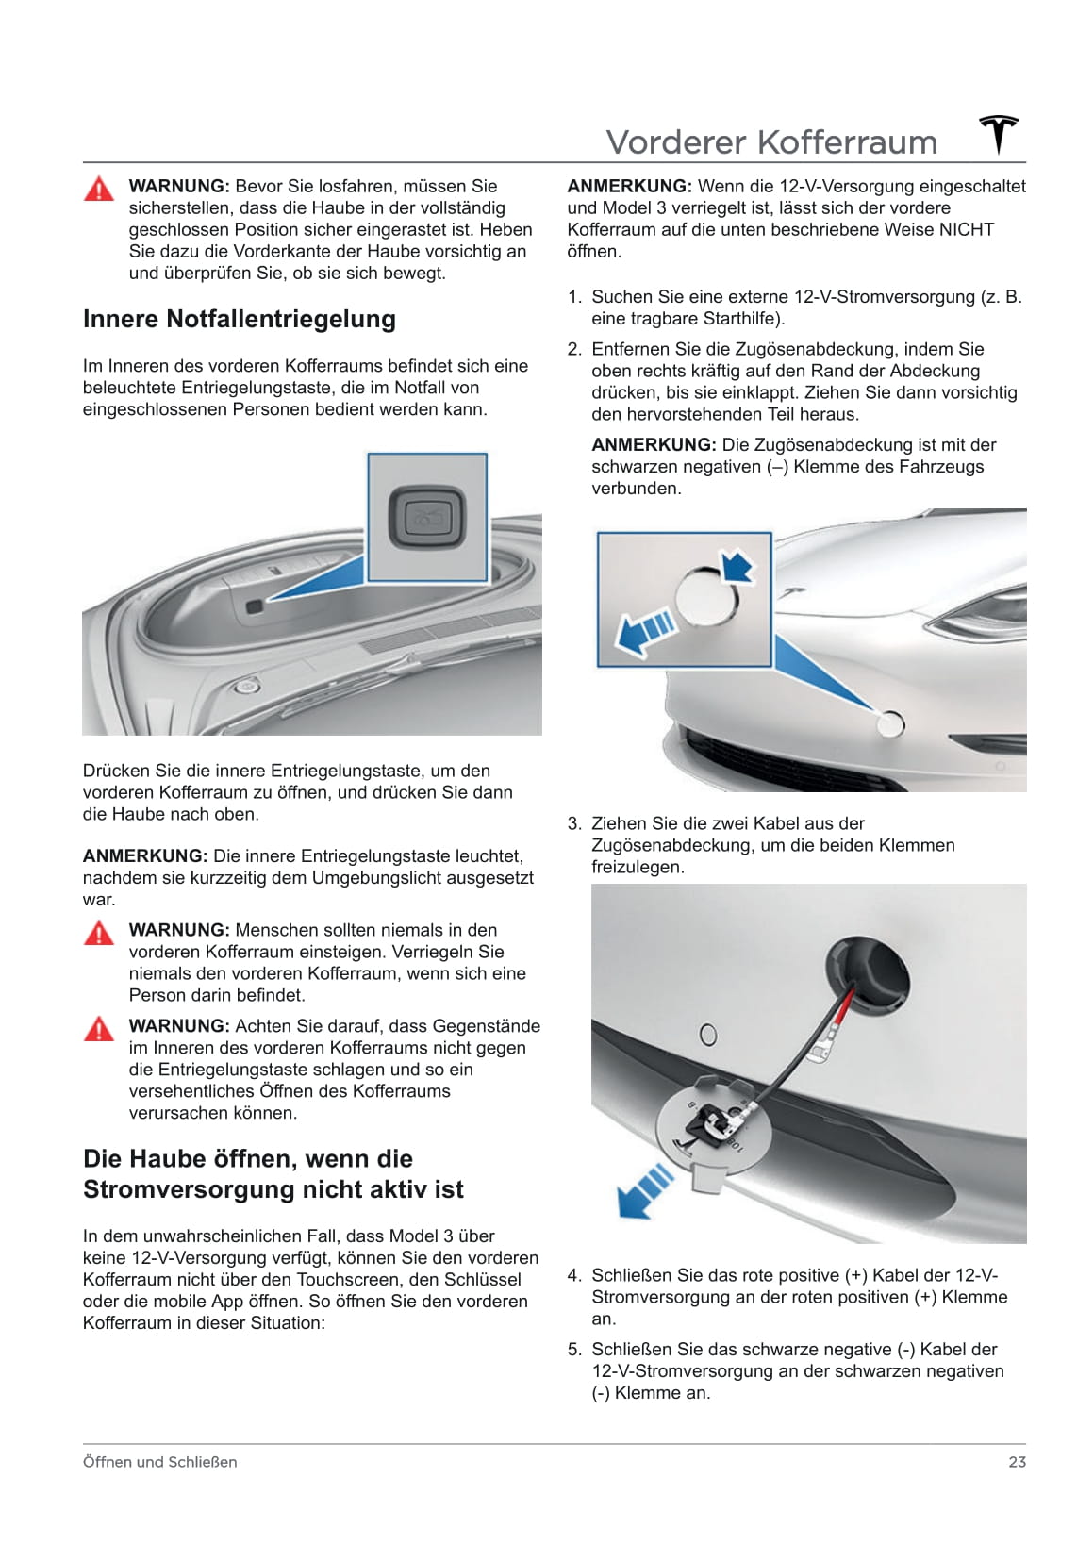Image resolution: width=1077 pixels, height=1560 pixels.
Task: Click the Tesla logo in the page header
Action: point(999,135)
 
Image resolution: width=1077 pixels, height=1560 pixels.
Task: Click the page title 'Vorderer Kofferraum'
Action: point(771,142)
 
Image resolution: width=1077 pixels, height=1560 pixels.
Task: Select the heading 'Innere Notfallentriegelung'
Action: point(240,319)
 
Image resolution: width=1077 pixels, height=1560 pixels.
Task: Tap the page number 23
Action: point(1017,1462)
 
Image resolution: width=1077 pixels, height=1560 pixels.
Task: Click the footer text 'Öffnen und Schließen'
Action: point(160,1462)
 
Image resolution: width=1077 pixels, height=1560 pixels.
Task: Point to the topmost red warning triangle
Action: point(99,189)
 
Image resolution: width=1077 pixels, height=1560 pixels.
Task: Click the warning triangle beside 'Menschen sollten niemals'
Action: point(99,934)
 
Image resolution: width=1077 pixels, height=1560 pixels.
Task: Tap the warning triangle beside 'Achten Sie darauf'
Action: point(99,1029)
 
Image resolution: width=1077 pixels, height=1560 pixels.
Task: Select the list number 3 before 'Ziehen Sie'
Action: point(573,823)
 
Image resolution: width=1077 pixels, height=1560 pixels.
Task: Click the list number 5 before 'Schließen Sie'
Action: point(573,1350)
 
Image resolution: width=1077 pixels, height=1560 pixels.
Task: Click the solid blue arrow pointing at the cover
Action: point(738,568)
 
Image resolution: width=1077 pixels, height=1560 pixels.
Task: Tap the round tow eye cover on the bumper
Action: point(890,724)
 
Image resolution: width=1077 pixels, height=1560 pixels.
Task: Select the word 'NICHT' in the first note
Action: point(966,230)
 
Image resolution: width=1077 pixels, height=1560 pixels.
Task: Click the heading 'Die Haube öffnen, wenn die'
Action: point(248,1158)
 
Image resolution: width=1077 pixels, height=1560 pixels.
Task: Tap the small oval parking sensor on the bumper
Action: point(707,1034)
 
